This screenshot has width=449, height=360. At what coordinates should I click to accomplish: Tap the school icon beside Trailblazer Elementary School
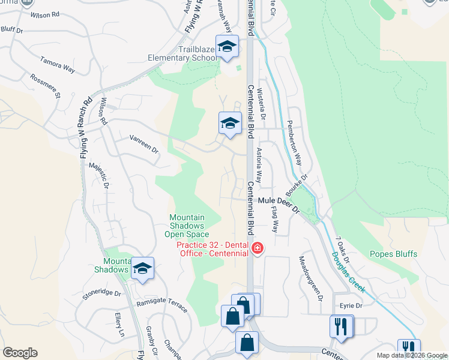coord(228,47)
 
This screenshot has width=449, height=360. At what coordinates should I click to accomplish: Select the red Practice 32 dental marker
coord(257,248)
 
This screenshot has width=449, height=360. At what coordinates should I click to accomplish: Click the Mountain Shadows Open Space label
coord(187,226)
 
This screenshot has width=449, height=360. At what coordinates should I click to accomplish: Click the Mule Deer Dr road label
coord(279,204)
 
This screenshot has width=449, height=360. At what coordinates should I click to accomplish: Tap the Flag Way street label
coord(275,219)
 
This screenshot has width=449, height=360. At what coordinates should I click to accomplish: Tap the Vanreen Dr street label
coord(143,143)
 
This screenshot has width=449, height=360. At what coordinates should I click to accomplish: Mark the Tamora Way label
coord(58,65)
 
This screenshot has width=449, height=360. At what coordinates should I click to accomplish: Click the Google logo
coord(20,353)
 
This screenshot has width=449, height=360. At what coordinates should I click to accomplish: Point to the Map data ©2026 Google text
coord(412,355)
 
